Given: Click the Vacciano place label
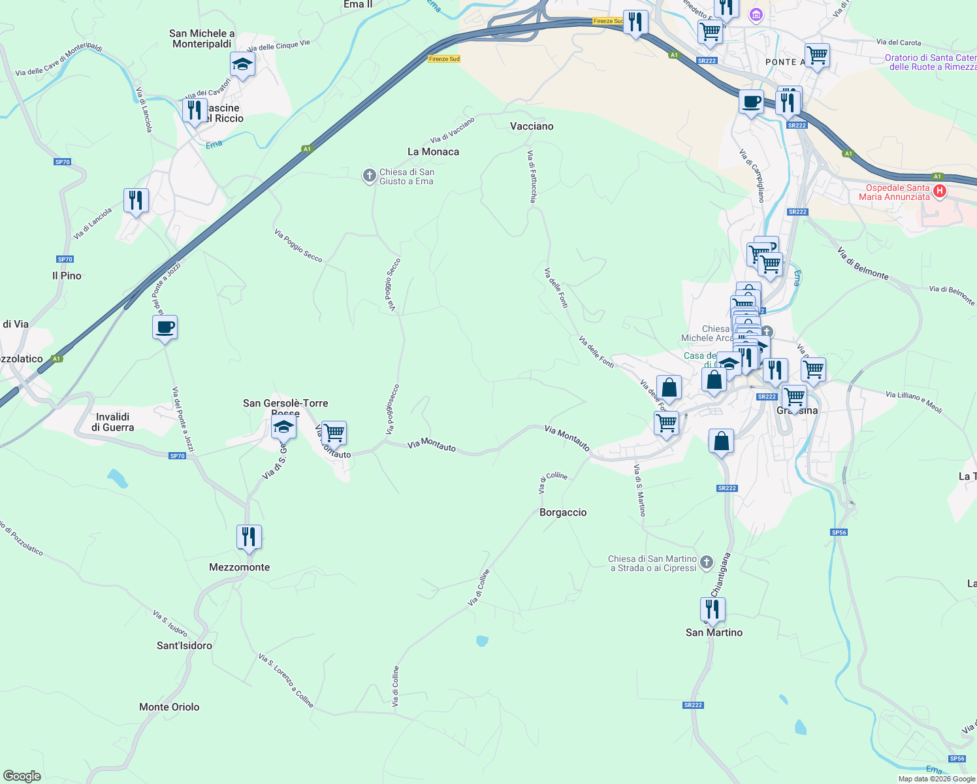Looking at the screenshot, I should pyautogui.click(x=532, y=126).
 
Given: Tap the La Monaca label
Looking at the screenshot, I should pyautogui.click(x=433, y=152).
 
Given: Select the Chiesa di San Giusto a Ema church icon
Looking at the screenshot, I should pyautogui.click(x=369, y=175).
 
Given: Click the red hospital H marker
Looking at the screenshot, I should pyautogui.click(x=940, y=191).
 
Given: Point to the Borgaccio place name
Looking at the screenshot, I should pyautogui.click(x=563, y=512).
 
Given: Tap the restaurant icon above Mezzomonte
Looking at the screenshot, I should pyautogui.click(x=249, y=537).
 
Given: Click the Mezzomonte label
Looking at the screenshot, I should pyautogui.click(x=239, y=567).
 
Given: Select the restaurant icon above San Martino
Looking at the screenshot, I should pyautogui.click(x=713, y=609).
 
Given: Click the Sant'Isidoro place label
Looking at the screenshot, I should pyautogui.click(x=184, y=645).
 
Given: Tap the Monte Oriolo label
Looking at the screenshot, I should pyautogui.click(x=169, y=707).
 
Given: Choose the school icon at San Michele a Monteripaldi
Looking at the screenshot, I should pyautogui.click(x=242, y=64).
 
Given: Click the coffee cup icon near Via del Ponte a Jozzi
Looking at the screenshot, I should pyautogui.click(x=165, y=327).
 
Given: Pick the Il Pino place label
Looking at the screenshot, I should pyautogui.click(x=67, y=276).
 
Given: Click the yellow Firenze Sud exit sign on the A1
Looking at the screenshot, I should pyautogui.click(x=444, y=59).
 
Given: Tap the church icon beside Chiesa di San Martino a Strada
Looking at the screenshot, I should pyautogui.click(x=707, y=562).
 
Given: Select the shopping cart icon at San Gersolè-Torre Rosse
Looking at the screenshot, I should pyautogui.click(x=334, y=433).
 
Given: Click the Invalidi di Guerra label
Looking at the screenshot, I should pyautogui.click(x=112, y=422).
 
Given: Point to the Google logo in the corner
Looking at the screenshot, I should pyautogui.click(x=22, y=776).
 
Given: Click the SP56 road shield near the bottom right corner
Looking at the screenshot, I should pyautogui.click(x=957, y=759).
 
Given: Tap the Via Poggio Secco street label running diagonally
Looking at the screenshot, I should pyautogui.click(x=298, y=246).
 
